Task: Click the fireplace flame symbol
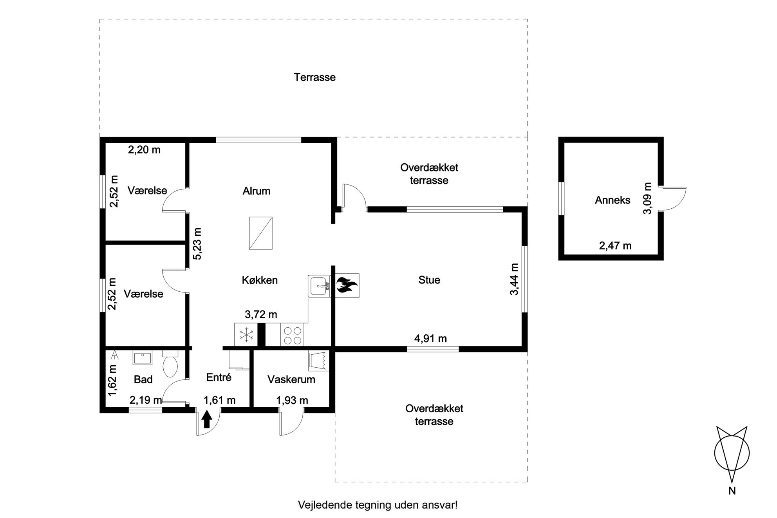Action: tap(345, 285)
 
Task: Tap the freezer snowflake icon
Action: tap(246, 335)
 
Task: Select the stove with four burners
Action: tap(292, 335)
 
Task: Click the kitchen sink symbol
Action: tap(320, 286)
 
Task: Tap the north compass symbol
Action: tap(732, 454)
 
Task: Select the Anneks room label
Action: tap(613, 200)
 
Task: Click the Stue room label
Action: tap(429, 280)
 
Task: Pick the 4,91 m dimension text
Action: tap(430, 338)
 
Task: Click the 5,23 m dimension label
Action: tap(197, 244)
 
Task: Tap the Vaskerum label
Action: tap(291, 379)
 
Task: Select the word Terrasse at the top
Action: tap(315, 77)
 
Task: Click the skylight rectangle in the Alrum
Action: tap(260, 233)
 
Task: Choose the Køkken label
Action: tap(260, 280)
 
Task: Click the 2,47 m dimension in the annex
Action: tap(615, 245)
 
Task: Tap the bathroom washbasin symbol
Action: tap(142, 358)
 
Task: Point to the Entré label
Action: tap(219, 377)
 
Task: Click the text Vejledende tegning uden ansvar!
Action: tap(378, 505)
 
